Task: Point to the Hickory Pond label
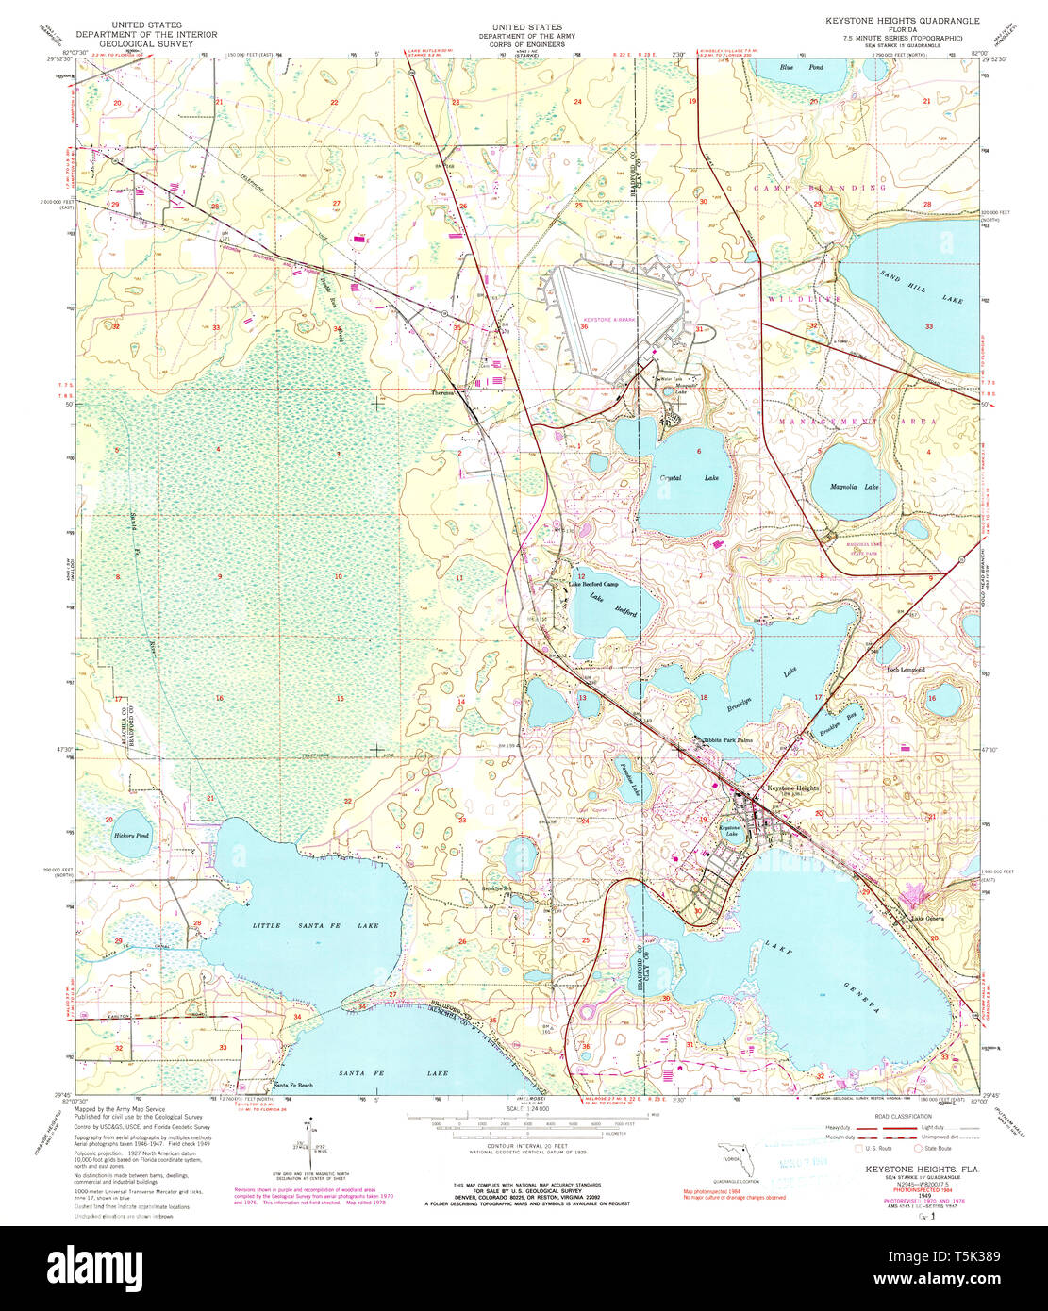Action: click(x=131, y=836)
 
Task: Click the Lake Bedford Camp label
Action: click(x=593, y=584)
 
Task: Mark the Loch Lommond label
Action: click(x=906, y=670)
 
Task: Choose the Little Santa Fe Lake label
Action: click(x=315, y=925)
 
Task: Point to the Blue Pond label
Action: click(x=801, y=68)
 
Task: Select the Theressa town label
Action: click(x=442, y=393)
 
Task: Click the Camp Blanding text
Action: click(x=820, y=188)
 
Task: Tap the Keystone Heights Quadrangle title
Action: click(x=902, y=21)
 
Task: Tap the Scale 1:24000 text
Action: click(x=527, y=1107)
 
